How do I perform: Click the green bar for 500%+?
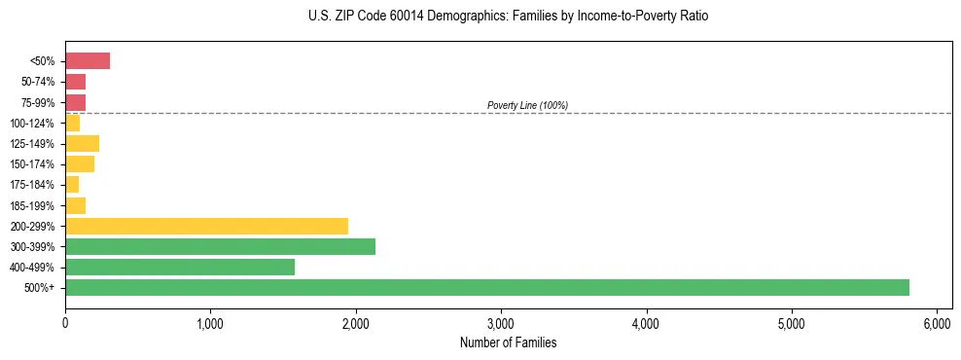point(486,287)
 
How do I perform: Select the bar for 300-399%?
point(220,246)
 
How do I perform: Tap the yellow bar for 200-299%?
point(206,226)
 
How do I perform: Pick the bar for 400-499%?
point(180,267)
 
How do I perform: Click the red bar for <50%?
point(88,61)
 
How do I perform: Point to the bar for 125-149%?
point(82,144)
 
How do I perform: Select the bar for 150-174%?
point(80,164)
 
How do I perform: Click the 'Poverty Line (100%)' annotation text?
point(527,105)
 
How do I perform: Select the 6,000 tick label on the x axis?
point(937,323)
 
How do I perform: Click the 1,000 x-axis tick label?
point(210,323)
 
